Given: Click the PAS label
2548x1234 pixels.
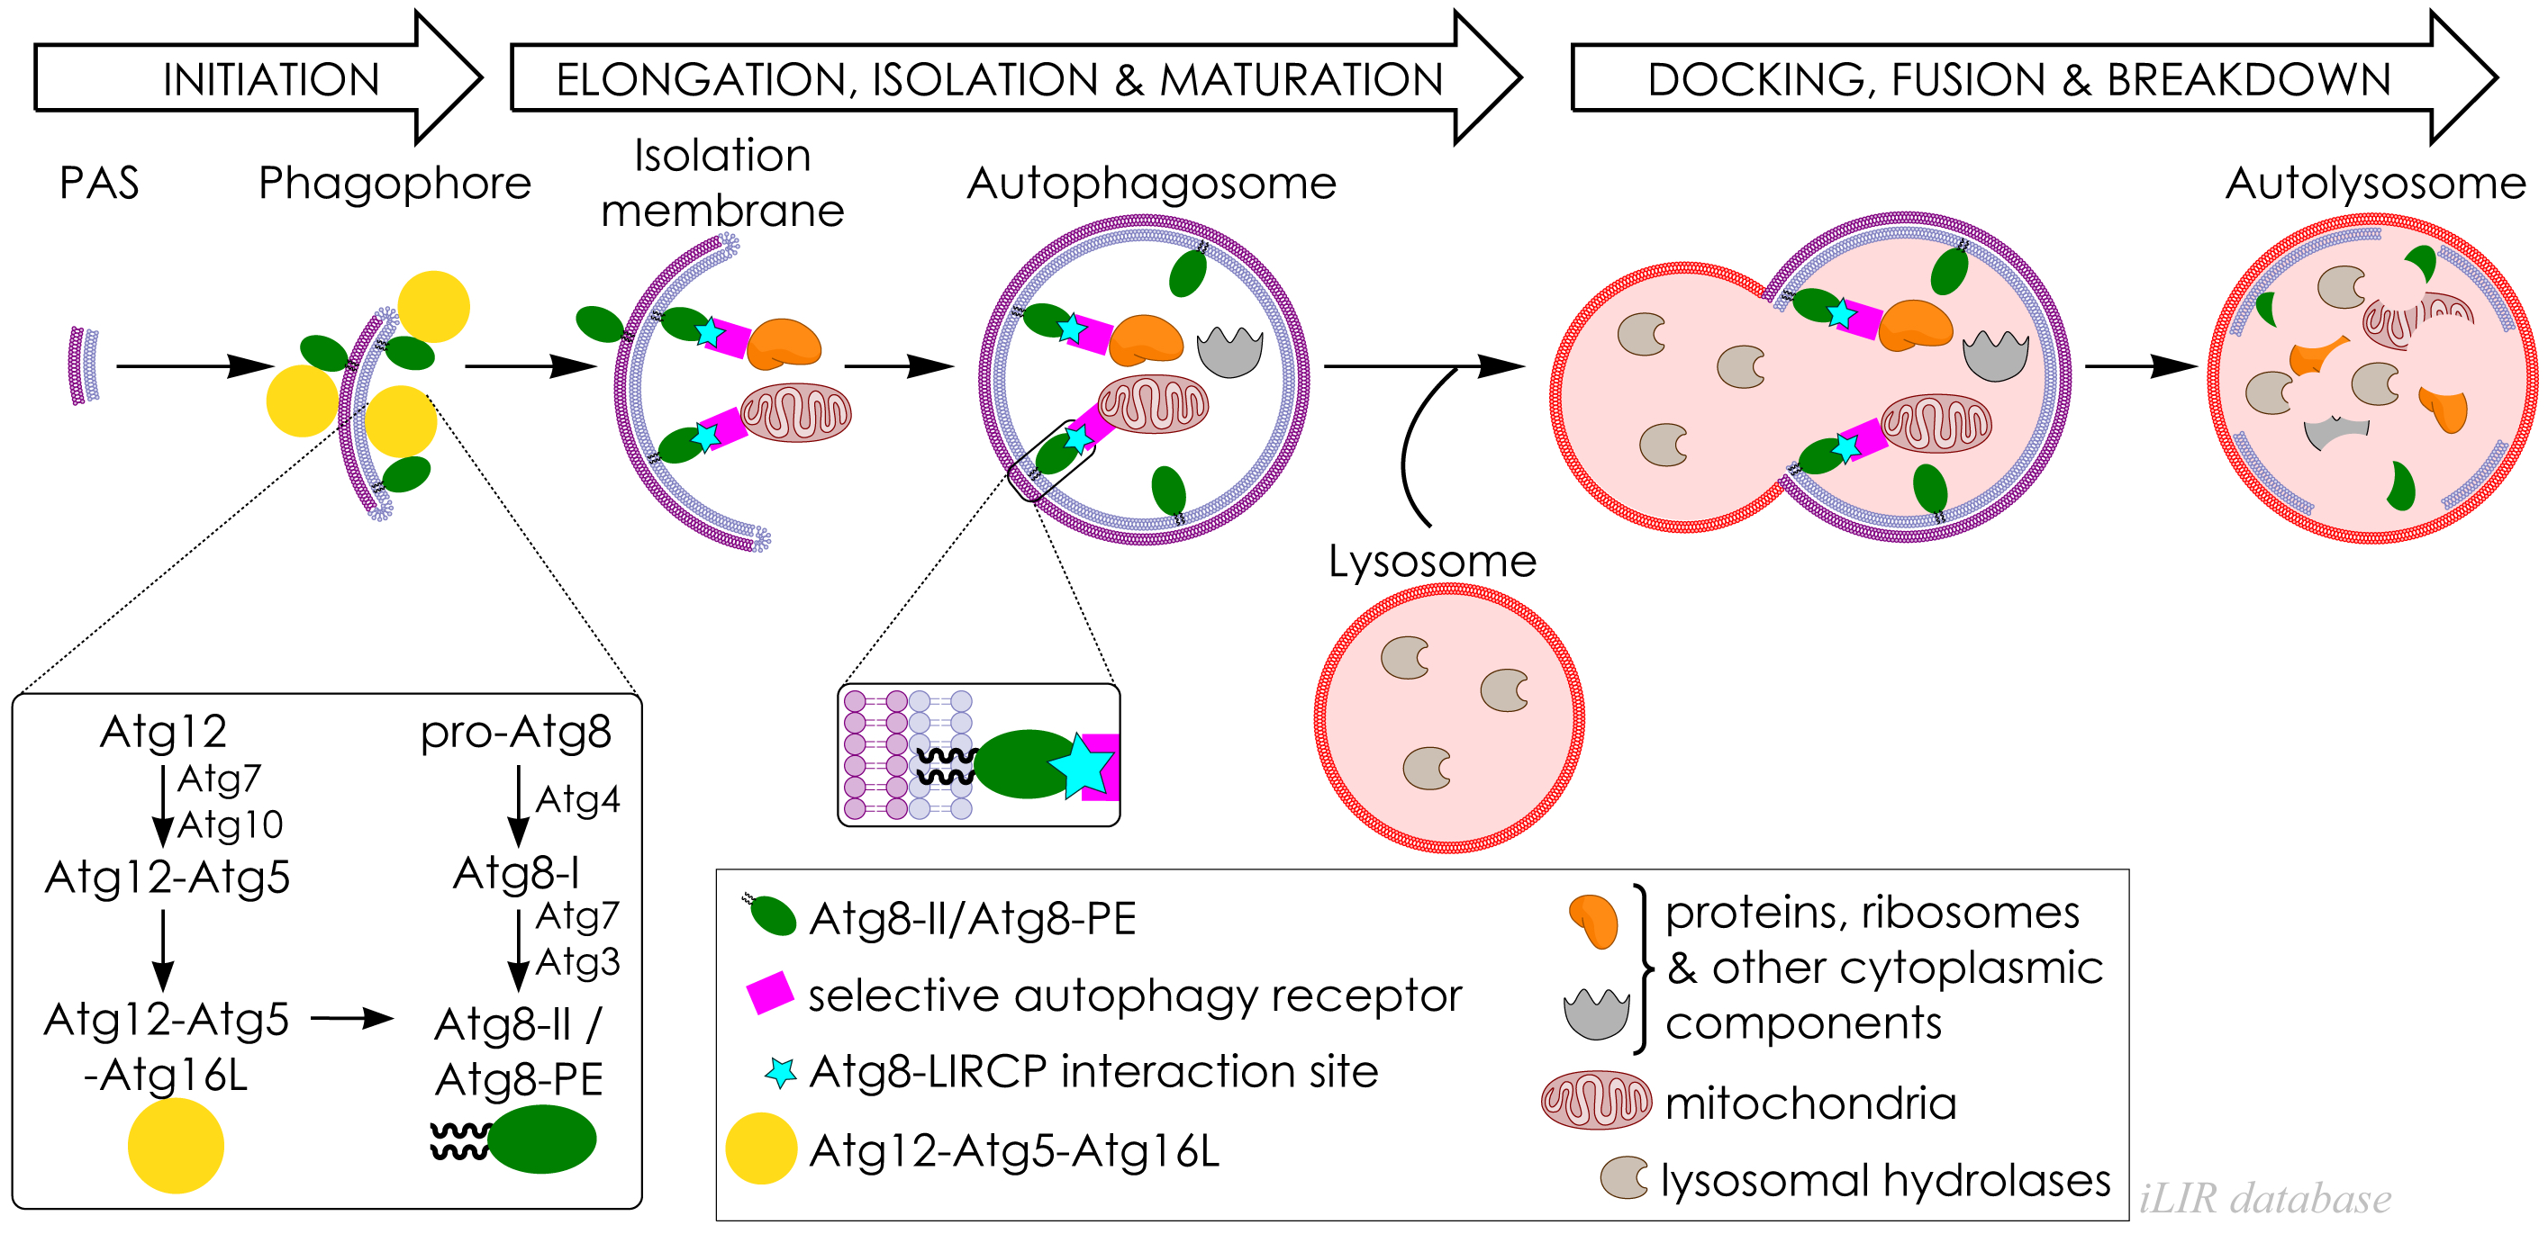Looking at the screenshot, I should coord(99,183).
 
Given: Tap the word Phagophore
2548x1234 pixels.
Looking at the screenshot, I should coord(394,183).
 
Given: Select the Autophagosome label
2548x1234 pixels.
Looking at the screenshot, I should coord(1151,183).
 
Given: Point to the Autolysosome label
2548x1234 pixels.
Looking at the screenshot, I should coord(2375,183).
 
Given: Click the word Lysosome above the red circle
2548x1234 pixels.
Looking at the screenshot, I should coord(1431,561).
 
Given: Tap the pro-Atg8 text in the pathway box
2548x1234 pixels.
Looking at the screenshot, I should coord(515,732).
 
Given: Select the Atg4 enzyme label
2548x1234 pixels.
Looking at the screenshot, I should coord(577,799).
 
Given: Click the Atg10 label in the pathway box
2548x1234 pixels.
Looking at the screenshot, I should coord(231,824).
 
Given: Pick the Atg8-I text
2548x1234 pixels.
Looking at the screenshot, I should coord(516,873).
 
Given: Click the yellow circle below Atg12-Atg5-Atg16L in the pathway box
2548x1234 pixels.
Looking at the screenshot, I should coord(176,1145).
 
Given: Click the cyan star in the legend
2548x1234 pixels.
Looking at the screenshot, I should coord(780,1072).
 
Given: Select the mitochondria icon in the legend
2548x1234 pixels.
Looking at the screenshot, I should coord(1595,1100).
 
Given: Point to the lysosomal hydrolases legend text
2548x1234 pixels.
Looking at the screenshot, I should coord(1885,1180).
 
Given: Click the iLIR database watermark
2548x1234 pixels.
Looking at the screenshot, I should coord(2265,1198).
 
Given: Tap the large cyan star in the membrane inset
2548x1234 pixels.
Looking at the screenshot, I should coord(1081,764).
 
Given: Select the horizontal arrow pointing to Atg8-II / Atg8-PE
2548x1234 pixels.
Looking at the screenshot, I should coord(352,1019).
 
